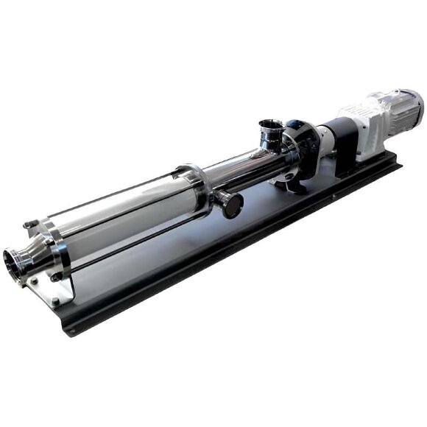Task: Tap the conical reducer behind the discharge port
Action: [33, 254]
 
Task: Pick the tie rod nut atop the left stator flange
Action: [27, 225]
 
